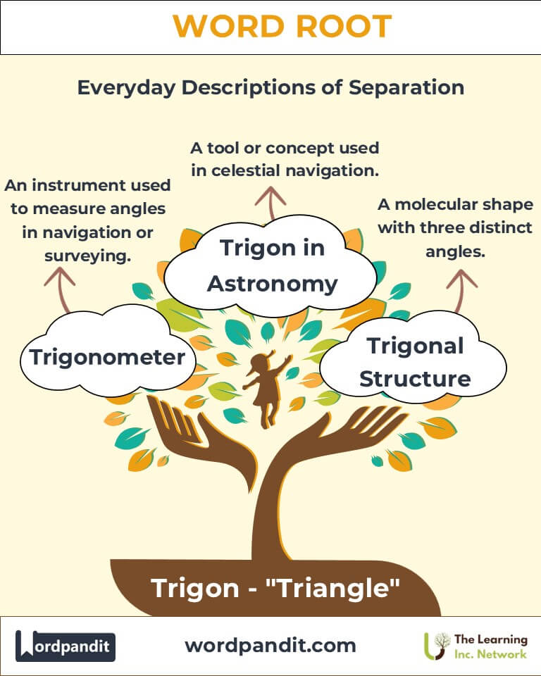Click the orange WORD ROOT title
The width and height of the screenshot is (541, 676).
click(282, 26)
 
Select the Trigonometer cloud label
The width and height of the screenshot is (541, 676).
click(107, 357)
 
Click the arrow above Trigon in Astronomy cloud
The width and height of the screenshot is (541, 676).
click(270, 203)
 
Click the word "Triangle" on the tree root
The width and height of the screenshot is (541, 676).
click(333, 588)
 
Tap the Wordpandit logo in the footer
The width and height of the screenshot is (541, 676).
click(65, 646)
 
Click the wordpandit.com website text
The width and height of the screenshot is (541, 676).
click(270, 646)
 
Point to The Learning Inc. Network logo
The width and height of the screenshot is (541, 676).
click(475, 646)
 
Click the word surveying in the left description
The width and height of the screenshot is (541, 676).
click(87, 256)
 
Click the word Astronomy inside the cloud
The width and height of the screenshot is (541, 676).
click(272, 284)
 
